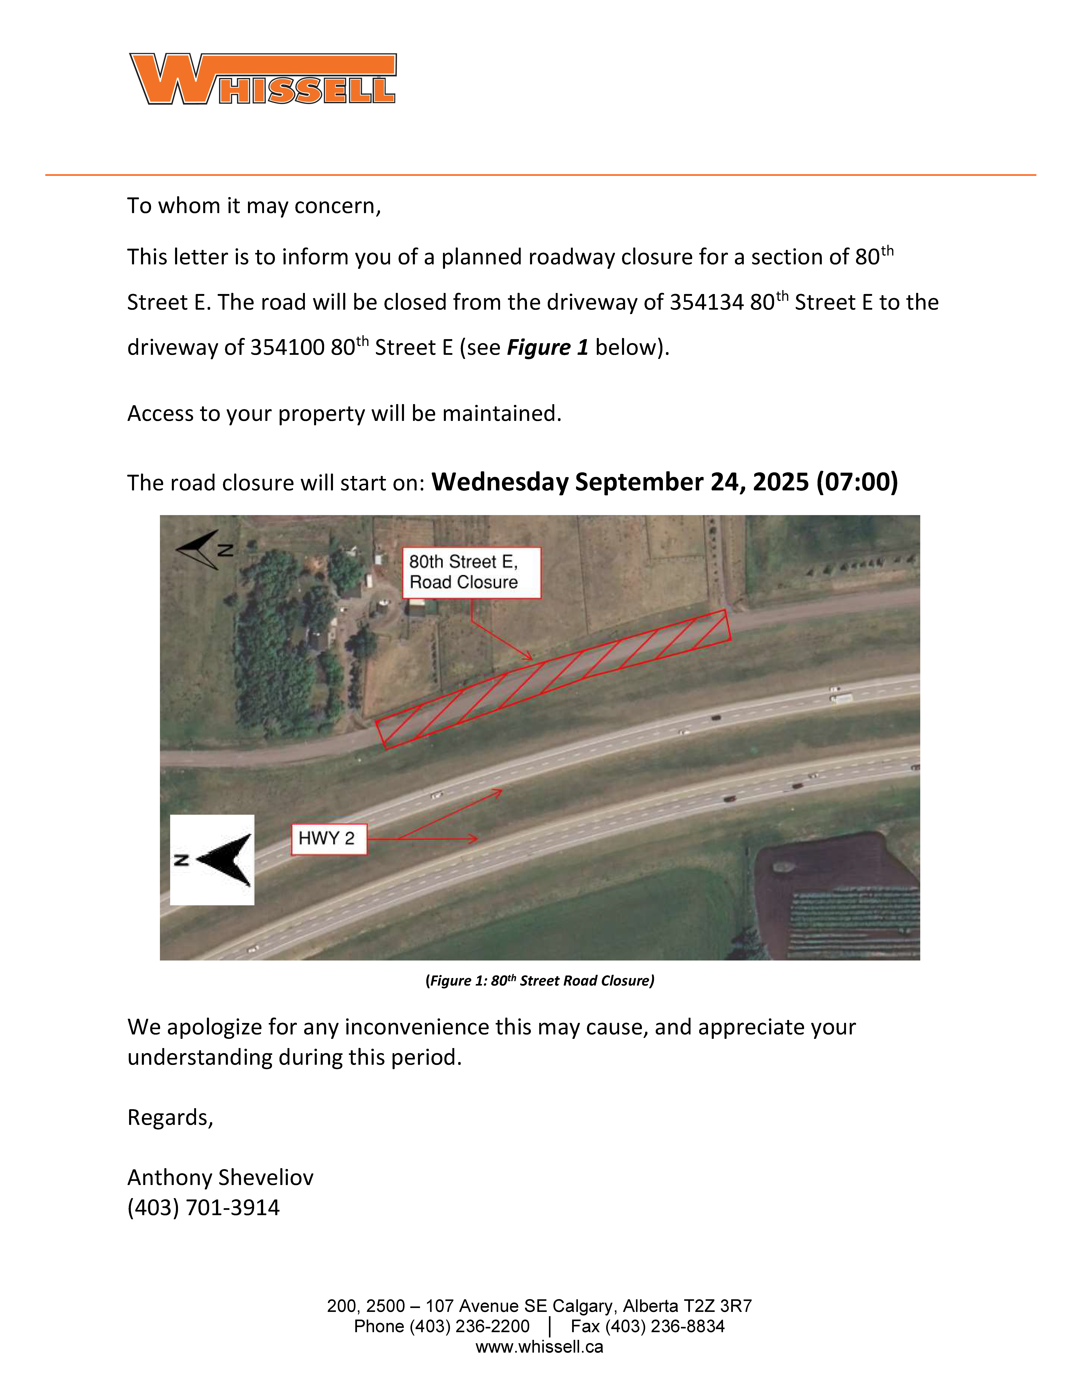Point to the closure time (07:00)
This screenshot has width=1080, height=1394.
pos(857,482)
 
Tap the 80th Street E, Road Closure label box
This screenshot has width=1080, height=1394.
pos(471,572)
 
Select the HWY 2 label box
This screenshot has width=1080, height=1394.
pos(329,839)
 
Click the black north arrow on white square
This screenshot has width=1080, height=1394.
pos(212,860)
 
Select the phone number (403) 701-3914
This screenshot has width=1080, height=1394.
pos(203,1208)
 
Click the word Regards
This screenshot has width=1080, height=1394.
pos(170,1118)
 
